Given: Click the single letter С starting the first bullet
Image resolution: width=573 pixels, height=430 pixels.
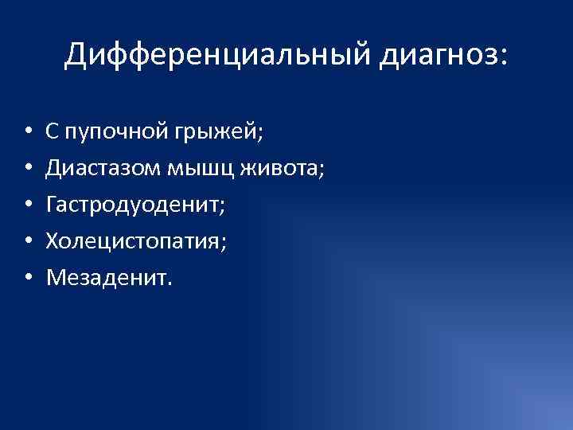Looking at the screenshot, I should coord(53,130).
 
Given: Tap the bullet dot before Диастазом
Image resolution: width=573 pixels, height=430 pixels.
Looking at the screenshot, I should coord(27,168).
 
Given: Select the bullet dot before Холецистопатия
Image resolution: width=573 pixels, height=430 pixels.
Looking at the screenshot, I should coord(27,241).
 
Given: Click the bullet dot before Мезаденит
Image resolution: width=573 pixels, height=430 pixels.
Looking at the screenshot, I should coord(27,278).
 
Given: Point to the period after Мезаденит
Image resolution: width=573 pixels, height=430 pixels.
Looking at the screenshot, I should coord(168,283).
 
